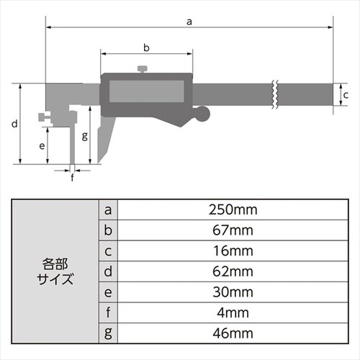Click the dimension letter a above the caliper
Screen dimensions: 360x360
(x=189, y=22)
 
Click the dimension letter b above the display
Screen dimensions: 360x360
(x=146, y=48)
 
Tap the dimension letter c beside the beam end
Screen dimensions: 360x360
(x=345, y=95)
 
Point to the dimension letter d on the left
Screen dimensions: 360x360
(x=14, y=123)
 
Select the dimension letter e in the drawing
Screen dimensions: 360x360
(x=42, y=145)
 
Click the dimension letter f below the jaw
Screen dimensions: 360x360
(x=72, y=176)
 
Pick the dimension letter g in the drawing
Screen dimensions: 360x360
(x=85, y=135)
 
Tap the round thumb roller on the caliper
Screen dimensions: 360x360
(x=204, y=113)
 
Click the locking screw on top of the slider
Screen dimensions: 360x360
(x=143, y=69)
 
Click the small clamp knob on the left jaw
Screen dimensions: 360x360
(x=45, y=115)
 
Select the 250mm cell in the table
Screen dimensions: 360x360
(x=232, y=210)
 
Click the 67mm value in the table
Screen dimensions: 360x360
(x=232, y=230)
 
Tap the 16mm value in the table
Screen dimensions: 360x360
(x=232, y=251)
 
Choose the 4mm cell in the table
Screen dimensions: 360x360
(x=232, y=313)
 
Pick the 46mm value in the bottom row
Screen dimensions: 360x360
(x=232, y=334)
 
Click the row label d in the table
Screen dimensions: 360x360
(x=108, y=272)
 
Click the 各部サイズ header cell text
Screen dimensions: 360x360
(x=58, y=271)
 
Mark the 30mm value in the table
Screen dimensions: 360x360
(x=232, y=292)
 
